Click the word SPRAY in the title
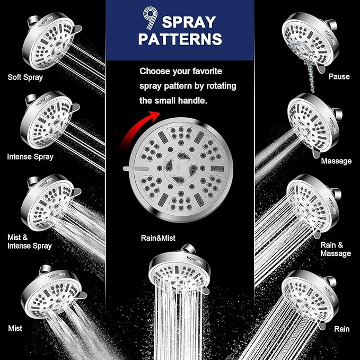pos(188,22)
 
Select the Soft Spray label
pos(25,77)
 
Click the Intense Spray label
pos(30,156)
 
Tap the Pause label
pos(339,76)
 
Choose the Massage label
pos(336,160)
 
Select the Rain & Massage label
pos(335,249)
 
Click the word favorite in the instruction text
pos(202,71)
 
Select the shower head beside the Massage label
pos(313,125)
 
